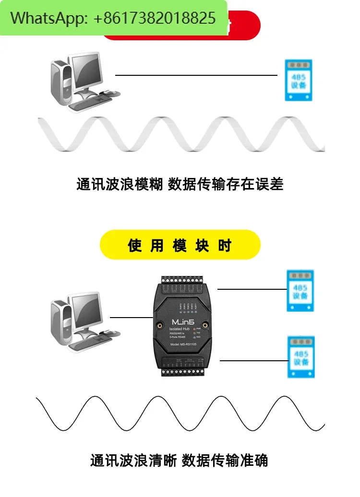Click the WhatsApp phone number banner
point(113,18)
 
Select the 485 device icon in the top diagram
point(298,80)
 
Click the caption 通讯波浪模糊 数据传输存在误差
point(180,184)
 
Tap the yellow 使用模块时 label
point(180,246)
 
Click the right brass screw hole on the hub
point(204,326)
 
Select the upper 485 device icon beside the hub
point(300,291)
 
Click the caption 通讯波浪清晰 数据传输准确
point(179,461)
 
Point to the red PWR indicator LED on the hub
point(196,330)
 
